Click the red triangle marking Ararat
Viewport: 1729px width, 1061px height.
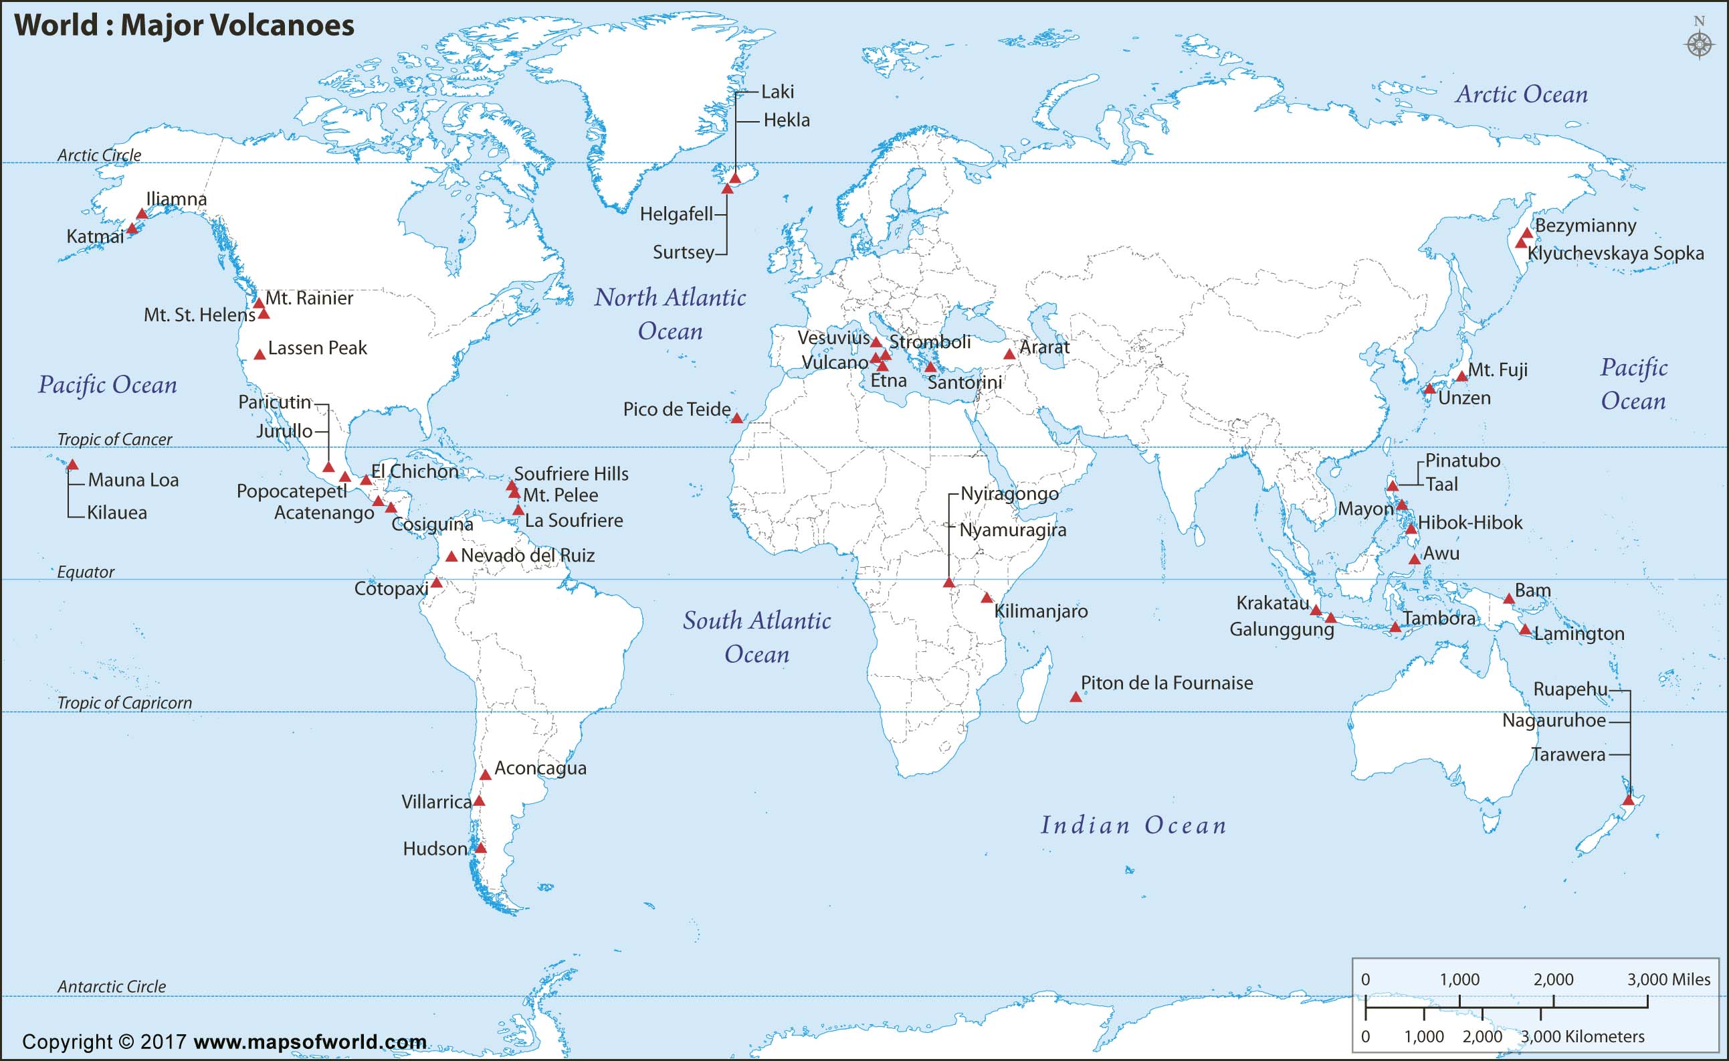tap(1009, 355)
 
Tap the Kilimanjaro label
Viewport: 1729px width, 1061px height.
tap(1041, 611)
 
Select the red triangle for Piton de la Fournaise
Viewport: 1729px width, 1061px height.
tap(1075, 698)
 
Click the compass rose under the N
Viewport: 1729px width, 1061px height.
tap(1699, 44)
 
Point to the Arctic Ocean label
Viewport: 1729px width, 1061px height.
tap(1520, 94)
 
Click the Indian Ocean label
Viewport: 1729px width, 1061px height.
tap(1133, 825)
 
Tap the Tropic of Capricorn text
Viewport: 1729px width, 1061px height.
tap(124, 703)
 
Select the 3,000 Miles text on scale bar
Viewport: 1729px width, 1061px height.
tap(1668, 979)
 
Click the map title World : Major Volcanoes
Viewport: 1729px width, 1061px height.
tap(185, 25)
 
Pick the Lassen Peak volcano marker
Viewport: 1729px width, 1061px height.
tap(260, 355)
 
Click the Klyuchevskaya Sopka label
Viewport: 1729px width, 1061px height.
tap(1615, 254)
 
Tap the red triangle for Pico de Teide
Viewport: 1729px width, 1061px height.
tap(736, 418)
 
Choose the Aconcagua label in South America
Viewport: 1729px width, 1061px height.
tap(540, 768)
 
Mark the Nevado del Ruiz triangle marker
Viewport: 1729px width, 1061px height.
tap(452, 557)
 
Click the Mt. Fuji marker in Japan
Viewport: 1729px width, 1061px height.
tap(1461, 376)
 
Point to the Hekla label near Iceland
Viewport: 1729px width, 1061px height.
tap(786, 120)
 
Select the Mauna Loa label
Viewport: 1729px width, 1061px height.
tap(133, 480)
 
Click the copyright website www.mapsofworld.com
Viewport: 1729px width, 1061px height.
tap(310, 1042)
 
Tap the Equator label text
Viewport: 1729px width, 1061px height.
tap(86, 572)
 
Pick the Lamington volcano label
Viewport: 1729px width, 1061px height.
tap(1579, 634)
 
